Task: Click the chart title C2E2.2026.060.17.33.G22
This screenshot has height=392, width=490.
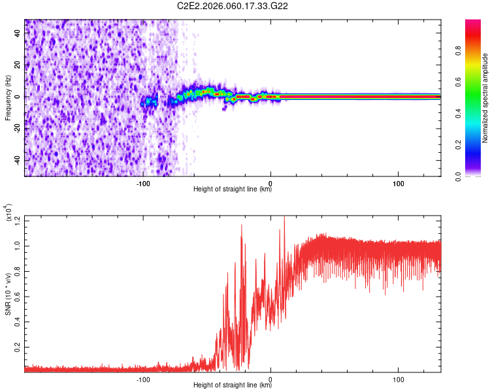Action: click(x=233, y=6)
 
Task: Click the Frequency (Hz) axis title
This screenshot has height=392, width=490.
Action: click(x=8, y=98)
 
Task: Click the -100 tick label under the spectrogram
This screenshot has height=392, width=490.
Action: click(x=144, y=182)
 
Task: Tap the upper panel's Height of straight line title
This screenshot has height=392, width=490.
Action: click(x=233, y=189)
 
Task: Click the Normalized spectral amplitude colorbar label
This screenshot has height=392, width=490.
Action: click(x=485, y=98)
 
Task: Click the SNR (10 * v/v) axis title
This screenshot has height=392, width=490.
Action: click(x=8, y=294)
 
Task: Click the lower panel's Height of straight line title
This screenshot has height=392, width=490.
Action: click(x=233, y=384)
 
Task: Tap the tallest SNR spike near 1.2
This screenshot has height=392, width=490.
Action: click(x=284, y=218)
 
